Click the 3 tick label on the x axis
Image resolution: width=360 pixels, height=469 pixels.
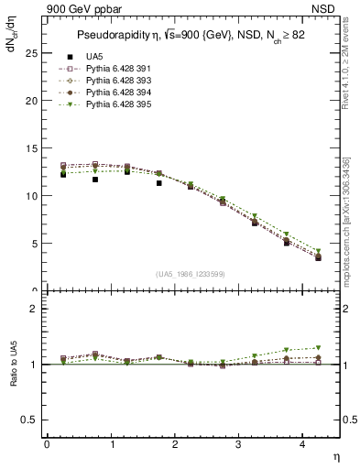coord(238,444)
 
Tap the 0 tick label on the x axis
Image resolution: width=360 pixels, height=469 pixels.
coord(47,444)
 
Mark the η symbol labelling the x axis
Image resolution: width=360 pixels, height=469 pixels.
coord(334,456)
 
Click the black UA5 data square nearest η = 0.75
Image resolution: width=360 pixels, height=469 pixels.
coord(94,180)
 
